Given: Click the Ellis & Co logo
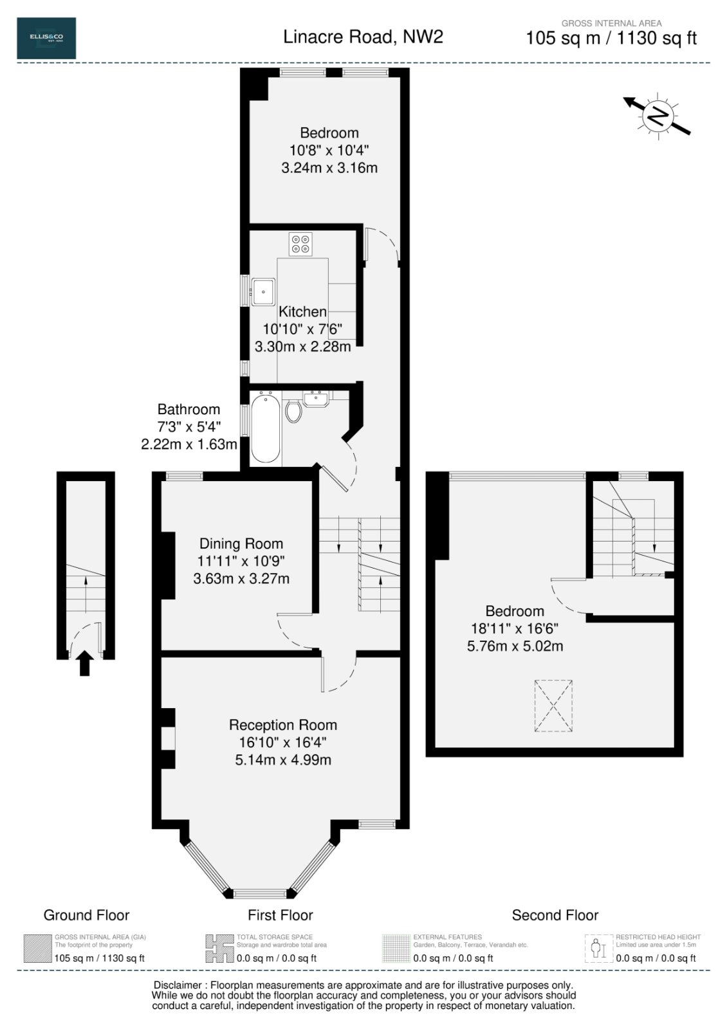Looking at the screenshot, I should coord(46,39).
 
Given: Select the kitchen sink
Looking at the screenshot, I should coord(264,292).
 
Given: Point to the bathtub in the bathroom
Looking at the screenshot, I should coord(266,429).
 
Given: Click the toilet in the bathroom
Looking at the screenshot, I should coord(293,411).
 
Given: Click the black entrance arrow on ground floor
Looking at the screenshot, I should coord(85,663).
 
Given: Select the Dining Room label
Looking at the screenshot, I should coord(241,543).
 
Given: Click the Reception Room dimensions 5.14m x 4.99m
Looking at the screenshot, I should coord(283,760).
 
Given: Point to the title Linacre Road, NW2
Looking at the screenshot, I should coord(363,37).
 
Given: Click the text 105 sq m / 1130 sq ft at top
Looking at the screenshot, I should coord(611,39).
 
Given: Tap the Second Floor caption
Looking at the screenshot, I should coord(555,915).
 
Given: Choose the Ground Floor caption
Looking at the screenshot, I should coord(86,915).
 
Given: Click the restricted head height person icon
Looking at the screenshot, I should coord(598,949).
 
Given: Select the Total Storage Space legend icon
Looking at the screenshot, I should coord(219,949).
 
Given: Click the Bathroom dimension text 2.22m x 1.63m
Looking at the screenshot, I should coord(189,444).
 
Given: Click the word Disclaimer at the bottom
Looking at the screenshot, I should coord(176,985).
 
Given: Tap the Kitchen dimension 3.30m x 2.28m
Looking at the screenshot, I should coord(302,347).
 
